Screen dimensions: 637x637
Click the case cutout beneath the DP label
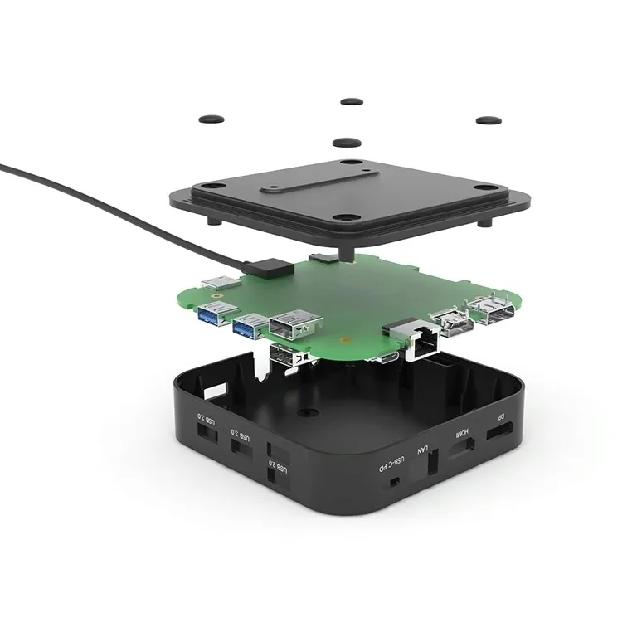[x=498, y=434]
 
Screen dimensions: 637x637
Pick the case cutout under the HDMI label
[x=462, y=450]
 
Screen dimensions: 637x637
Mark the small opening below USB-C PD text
[x=395, y=482]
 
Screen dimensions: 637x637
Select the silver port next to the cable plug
[x=221, y=282]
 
